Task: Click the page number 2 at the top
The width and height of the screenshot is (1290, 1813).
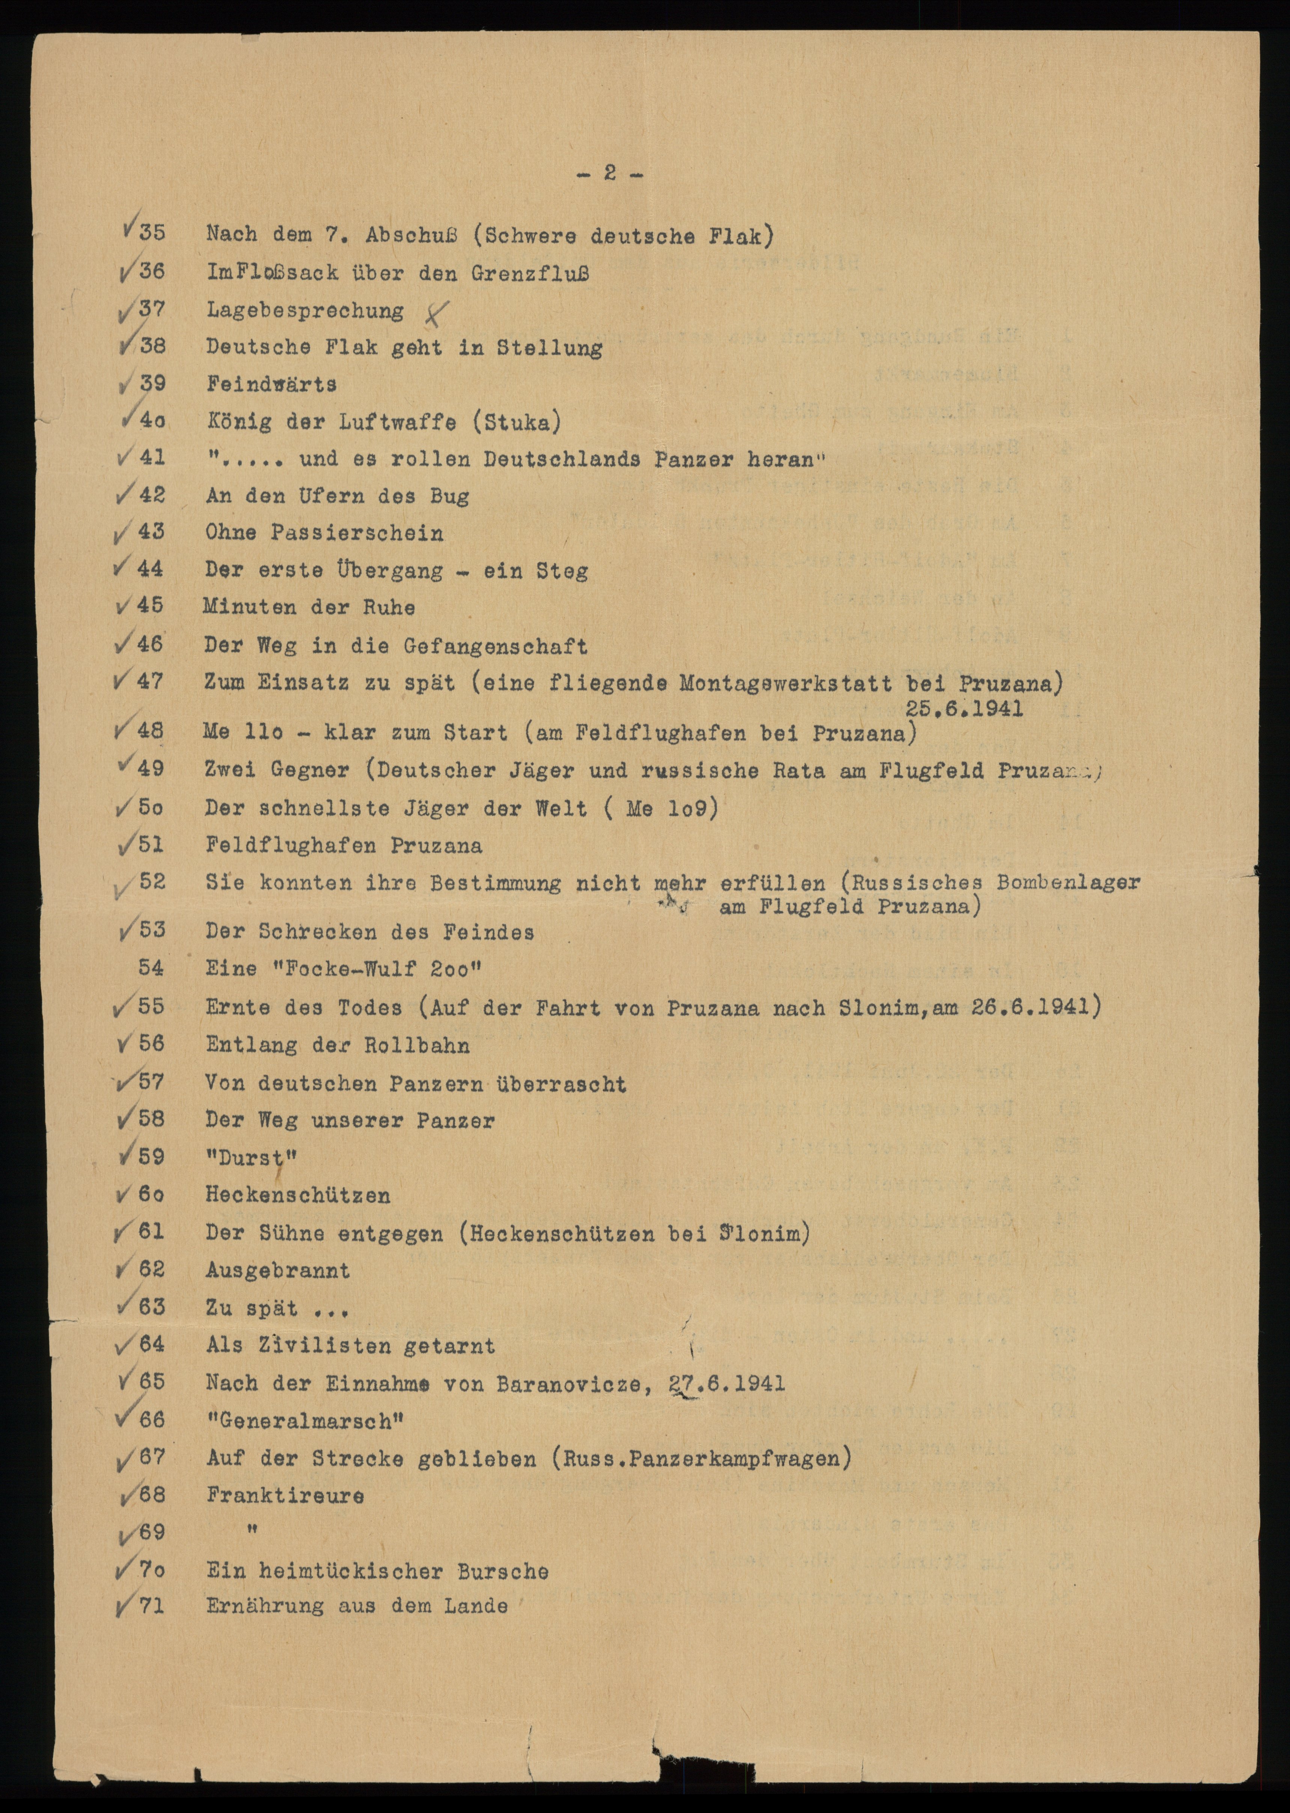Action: coord(609,173)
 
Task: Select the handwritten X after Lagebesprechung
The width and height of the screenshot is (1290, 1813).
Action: coord(434,315)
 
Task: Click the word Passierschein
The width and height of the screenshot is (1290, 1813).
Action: coord(357,533)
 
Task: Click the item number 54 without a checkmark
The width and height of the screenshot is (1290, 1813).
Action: coord(152,968)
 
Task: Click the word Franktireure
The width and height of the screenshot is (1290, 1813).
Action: coord(285,1495)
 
